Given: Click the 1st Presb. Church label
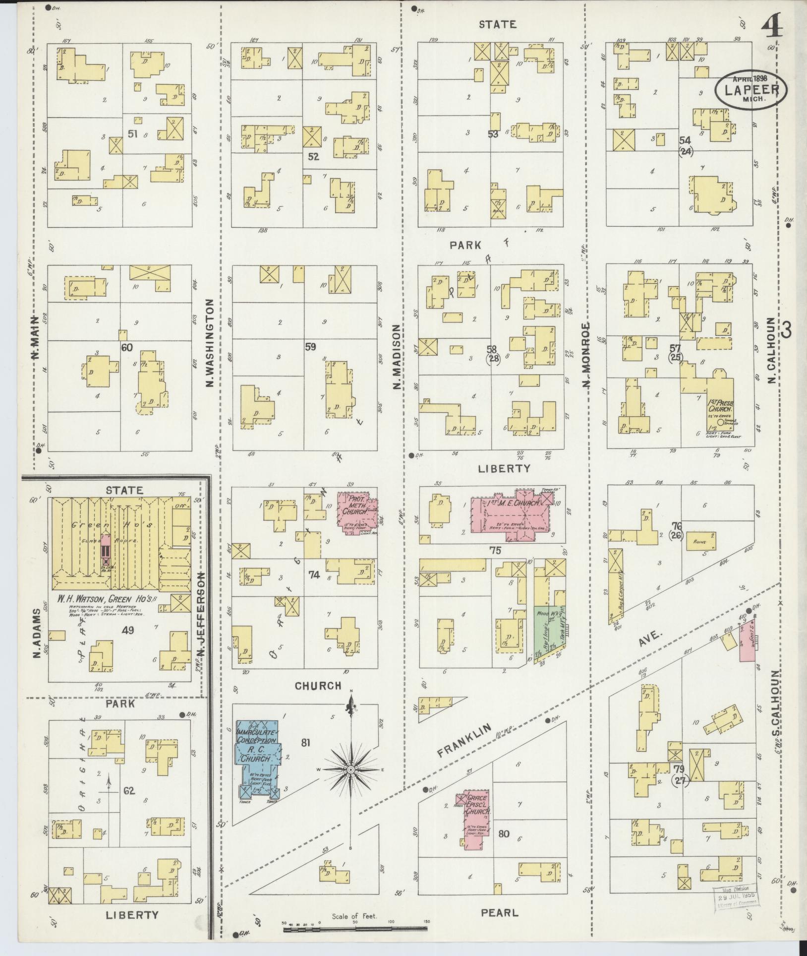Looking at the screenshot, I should coord(720,407).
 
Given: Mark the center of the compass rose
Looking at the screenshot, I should coord(350,783).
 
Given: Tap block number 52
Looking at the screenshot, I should coord(313,157).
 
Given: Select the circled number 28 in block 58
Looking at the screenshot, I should coord(493,360).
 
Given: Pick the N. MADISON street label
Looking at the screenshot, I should coord(397,357).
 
